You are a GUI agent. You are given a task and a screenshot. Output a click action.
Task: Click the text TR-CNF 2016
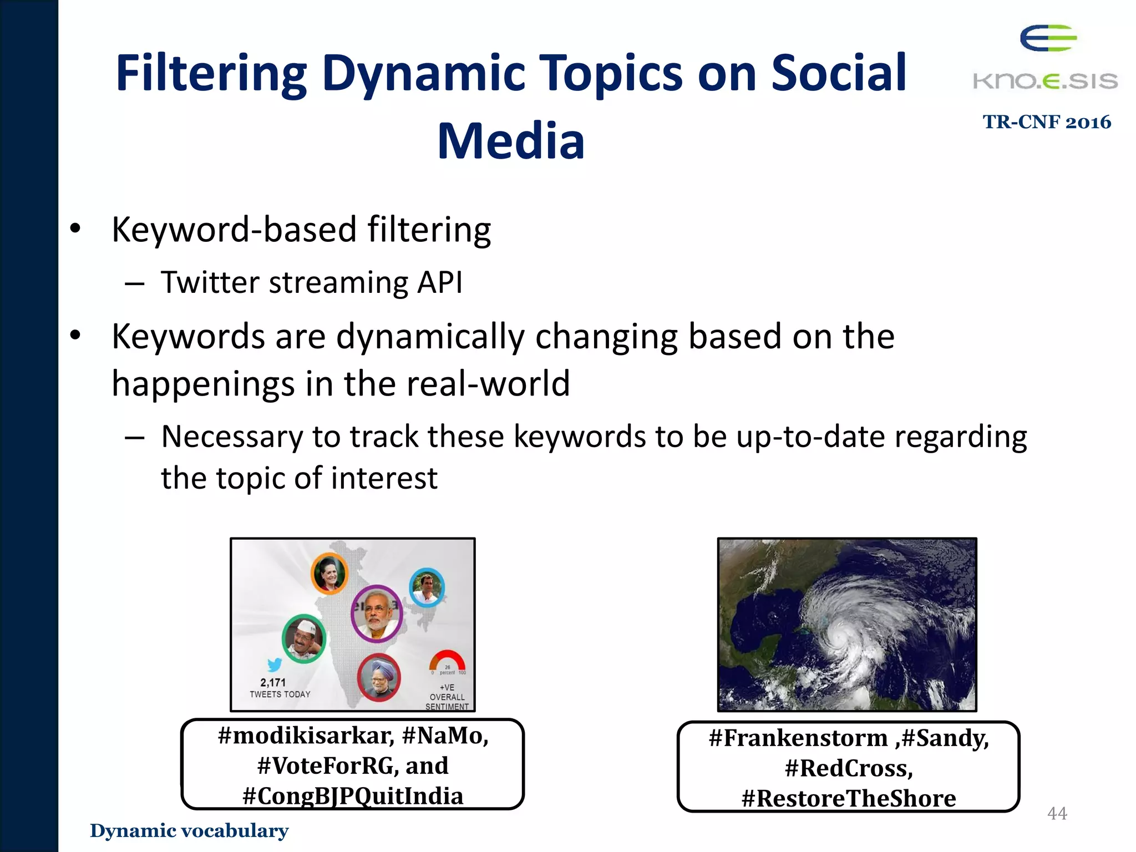pyautogui.click(x=1047, y=122)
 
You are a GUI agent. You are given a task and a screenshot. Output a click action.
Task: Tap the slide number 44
pyautogui.click(x=1057, y=813)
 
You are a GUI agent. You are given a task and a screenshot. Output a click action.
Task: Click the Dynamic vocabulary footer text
pyautogui.click(x=189, y=830)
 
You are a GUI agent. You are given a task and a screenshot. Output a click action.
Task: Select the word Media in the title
pyautogui.click(x=511, y=141)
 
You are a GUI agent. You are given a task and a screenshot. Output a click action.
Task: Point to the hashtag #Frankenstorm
pyautogui.click(x=798, y=738)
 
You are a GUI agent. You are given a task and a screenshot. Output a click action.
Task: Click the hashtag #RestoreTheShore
pyautogui.click(x=849, y=798)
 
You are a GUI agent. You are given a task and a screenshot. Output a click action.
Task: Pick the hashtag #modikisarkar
pyautogui.click(x=306, y=736)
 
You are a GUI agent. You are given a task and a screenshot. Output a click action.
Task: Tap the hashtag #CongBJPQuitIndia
pyautogui.click(x=353, y=796)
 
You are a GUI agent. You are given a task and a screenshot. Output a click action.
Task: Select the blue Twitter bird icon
pyautogui.click(x=275, y=664)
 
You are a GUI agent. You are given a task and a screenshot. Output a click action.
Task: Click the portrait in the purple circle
pyautogui.click(x=377, y=613)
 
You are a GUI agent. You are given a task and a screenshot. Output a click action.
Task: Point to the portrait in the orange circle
pyautogui.click(x=329, y=574)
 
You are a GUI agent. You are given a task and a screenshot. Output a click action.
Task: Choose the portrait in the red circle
pyautogui.click(x=379, y=677)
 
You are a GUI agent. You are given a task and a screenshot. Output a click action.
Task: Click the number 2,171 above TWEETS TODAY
pyautogui.click(x=273, y=683)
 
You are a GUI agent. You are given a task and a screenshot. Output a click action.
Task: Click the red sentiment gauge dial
pyautogui.click(x=447, y=661)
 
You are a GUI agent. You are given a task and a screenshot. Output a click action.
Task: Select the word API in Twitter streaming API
pyautogui.click(x=439, y=282)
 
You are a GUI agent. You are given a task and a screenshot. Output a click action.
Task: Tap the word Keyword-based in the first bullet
pyautogui.click(x=234, y=230)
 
